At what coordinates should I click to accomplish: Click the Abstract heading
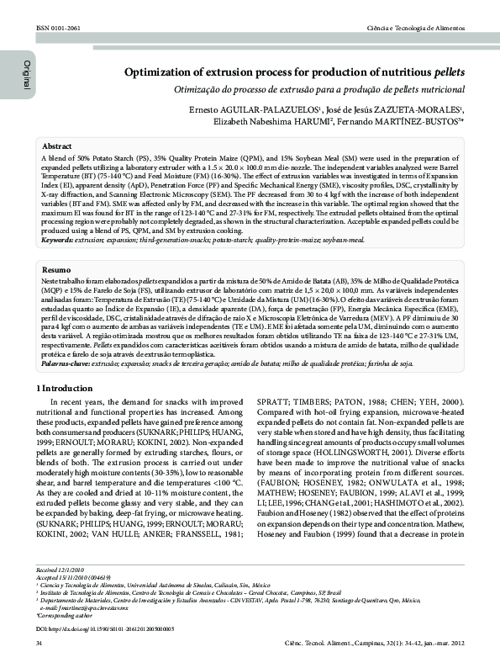57,146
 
